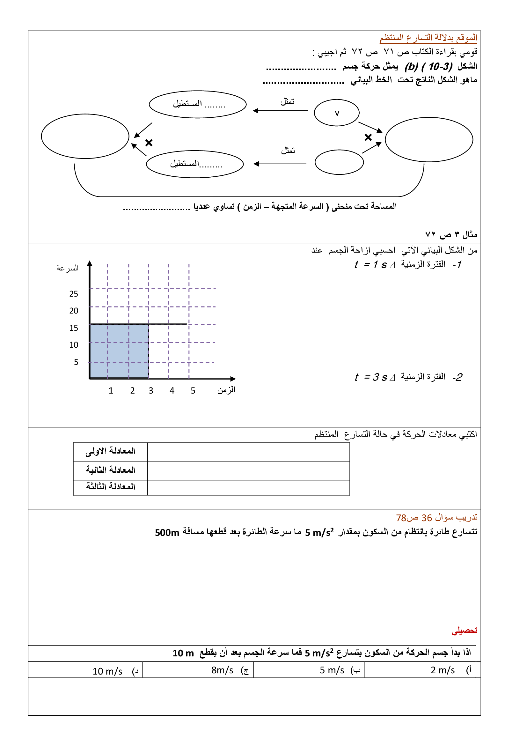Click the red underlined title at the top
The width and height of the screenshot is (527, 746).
[x=428, y=38]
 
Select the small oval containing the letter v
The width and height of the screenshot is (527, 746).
[x=337, y=113]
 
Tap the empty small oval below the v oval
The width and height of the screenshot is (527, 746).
[x=339, y=162]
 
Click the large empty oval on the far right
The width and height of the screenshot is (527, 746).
[x=428, y=139]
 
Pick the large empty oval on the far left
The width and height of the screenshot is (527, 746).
[x=85, y=136]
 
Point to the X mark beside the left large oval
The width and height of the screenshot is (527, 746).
[x=149, y=143]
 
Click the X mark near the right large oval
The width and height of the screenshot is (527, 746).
[x=368, y=137]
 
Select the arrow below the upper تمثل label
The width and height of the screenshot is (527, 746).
[x=280, y=111]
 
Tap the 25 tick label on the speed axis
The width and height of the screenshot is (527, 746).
[x=74, y=294]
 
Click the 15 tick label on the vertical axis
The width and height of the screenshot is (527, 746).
[x=74, y=328]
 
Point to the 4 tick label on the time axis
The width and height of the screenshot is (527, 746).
[x=172, y=391]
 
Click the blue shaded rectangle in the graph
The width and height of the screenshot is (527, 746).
[x=119, y=351]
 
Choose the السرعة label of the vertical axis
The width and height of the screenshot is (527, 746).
[x=68, y=268]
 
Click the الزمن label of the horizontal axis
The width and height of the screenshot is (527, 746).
[x=226, y=390]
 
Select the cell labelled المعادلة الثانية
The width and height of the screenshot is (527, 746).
[x=110, y=470]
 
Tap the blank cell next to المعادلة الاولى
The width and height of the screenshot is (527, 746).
[x=248, y=452]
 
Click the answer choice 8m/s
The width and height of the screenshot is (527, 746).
[x=223, y=670]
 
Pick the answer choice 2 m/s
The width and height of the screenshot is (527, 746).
[x=443, y=670]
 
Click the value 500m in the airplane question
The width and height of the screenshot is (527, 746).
[x=167, y=533]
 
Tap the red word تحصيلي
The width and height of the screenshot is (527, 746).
[x=464, y=631]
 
